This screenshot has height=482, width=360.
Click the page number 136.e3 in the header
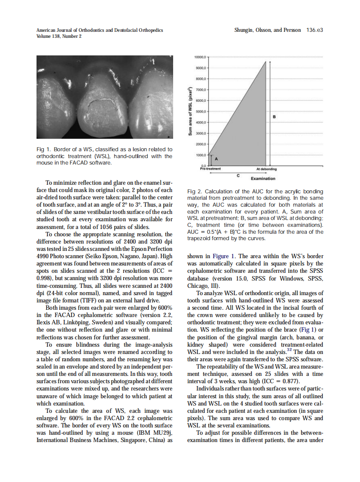(315, 31)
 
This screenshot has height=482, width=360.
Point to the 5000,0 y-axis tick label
(201, 111)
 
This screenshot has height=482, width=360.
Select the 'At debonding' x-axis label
(267, 169)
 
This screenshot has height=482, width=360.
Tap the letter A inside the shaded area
(216, 159)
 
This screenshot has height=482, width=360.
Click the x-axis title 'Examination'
(263, 179)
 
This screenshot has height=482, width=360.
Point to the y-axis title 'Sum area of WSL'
(189, 112)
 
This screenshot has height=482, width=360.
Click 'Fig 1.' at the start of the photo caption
(43, 149)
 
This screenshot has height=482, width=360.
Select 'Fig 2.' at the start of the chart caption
(195, 191)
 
